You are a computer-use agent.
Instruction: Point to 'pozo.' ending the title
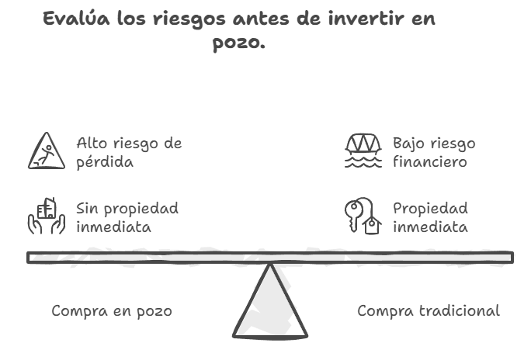coord(239,43)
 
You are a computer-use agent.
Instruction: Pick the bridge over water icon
coord(363,151)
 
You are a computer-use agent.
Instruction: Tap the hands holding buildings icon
coord(47,216)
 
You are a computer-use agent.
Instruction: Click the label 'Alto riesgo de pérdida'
coord(129,153)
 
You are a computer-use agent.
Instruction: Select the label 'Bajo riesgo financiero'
coord(434,153)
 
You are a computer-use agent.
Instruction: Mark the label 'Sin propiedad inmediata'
coord(127,218)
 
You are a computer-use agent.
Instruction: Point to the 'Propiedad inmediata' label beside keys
coord(431,218)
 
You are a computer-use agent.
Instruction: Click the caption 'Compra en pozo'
coord(112,311)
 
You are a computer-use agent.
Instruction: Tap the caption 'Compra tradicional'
coord(429,311)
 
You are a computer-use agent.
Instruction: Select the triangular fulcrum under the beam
coord(270,306)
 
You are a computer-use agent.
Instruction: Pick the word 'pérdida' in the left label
coord(105,163)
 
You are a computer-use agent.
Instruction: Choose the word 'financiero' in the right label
coord(430,163)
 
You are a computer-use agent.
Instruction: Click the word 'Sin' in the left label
coord(88,209)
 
